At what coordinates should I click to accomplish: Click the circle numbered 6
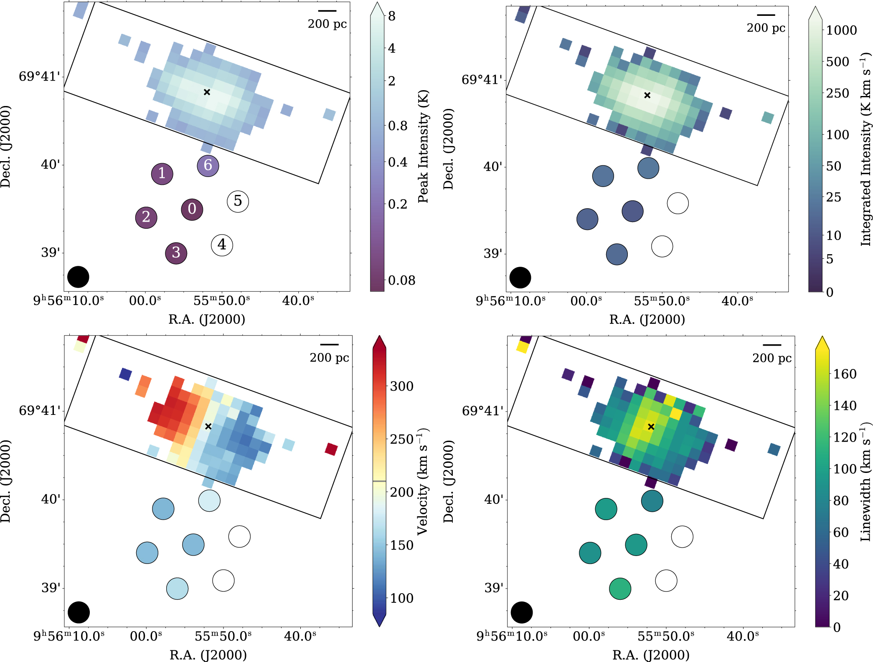pyautogui.click(x=208, y=166)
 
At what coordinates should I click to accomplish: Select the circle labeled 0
pyautogui.click(x=192, y=209)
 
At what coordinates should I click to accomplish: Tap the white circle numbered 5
pyautogui.click(x=238, y=202)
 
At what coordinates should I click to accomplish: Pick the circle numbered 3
pyautogui.click(x=176, y=253)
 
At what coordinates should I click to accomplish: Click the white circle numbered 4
pyautogui.click(x=222, y=245)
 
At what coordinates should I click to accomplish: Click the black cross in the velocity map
pyautogui.click(x=208, y=426)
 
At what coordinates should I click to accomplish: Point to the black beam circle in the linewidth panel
pyautogui.click(x=521, y=612)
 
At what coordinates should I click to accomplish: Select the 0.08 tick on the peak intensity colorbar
pyautogui.click(x=401, y=280)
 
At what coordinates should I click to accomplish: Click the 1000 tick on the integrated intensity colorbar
pyautogui.click(x=841, y=30)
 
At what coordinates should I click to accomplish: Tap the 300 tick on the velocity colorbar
pyautogui.click(x=401, y=387)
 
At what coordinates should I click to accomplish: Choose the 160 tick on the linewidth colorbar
pyautogui.click(x=845, y=374)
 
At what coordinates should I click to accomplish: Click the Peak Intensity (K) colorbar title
pyautogui.click(x=423, y=146)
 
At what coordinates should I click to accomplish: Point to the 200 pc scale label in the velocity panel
pyautogui.click(x=329, y=358)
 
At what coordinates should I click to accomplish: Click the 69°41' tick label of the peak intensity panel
pyautogui.click(x=39, y=77)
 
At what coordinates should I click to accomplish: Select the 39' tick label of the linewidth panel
pyautogui.click(x=494, y=588)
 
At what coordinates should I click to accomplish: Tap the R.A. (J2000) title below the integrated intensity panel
pyautogui.click(x=647, y=319)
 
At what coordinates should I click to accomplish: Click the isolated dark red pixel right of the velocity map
pyautogui.click(x=331, y=449)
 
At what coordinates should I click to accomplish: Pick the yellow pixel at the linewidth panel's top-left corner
pyautogui.click(x=523, y=346)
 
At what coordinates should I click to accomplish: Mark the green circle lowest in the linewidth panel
pyautogui.click(x=620, y=589)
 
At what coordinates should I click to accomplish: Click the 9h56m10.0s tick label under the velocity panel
pyautogui.click(x=69, y=637)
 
